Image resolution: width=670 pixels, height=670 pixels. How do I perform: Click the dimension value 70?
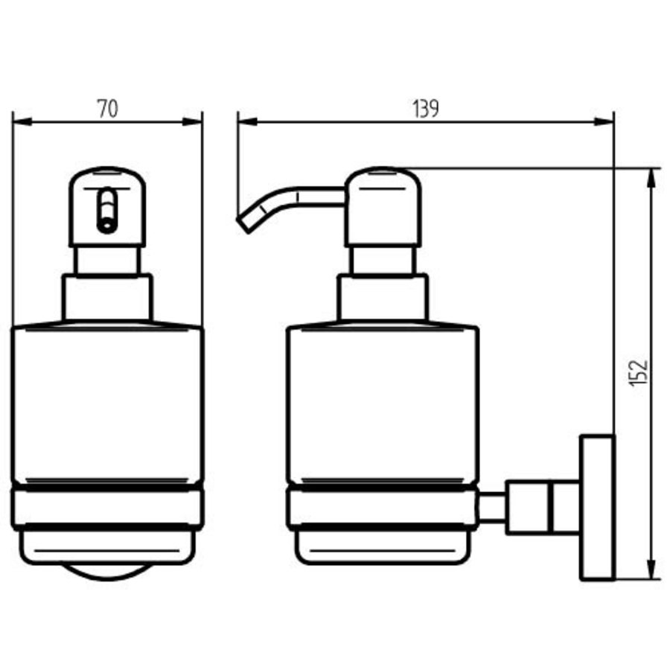point(107,109)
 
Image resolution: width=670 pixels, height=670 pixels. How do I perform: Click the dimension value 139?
point(425,109)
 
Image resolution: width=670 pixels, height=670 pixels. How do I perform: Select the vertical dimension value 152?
point(639,372)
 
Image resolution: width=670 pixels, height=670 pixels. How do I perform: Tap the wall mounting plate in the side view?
point(597,506)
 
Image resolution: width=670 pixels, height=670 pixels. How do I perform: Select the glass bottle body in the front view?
point(107,402)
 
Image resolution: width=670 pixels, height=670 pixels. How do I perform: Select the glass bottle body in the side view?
point(383,402)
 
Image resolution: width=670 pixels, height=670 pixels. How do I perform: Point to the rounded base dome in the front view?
point(107,570)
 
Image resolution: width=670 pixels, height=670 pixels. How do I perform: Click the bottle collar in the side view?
point(383,297)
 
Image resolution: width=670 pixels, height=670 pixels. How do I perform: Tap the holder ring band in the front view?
point(107,507)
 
